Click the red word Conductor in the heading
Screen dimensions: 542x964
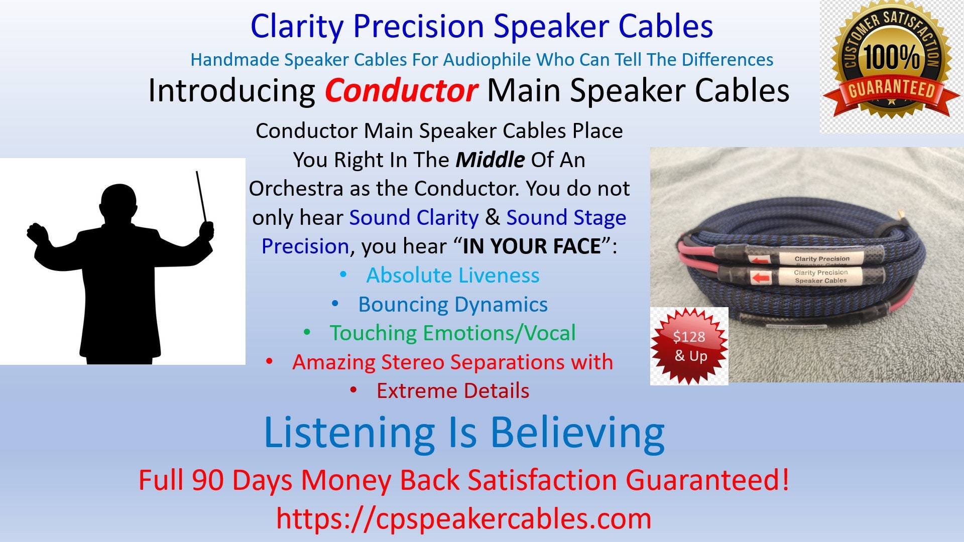point(401,91)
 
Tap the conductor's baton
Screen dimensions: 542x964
point(201,196)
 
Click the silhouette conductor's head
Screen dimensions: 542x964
point(118,203)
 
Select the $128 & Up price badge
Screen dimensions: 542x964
point(689,346)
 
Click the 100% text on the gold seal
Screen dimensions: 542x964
point(891,56)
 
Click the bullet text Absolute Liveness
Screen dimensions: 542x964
point(452,275)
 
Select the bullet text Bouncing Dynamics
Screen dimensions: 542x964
point(452,304)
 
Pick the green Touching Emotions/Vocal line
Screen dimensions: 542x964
point(452,333)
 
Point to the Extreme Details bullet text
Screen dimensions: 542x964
point(452,391)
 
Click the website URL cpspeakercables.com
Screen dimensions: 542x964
point(463,518)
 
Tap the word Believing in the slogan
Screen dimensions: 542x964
point(577,433)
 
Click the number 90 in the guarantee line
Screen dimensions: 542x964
point(207,480)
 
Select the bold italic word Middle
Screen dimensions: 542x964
point(490,160)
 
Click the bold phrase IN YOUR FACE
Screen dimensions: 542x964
point(532,246)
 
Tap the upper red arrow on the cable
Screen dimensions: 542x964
point(760,259)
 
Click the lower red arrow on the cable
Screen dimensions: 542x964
point(762,278)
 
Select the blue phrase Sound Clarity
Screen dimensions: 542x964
point(414,218)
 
